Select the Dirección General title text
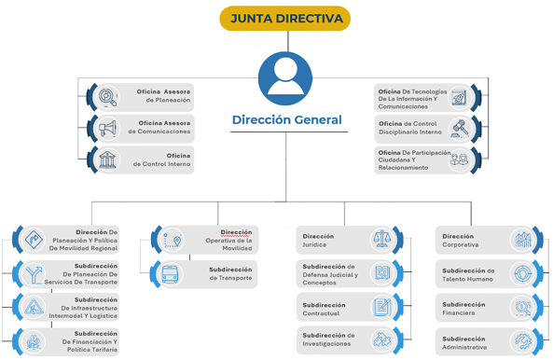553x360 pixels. pos(286,120)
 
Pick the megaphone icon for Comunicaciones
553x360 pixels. pos(108,128)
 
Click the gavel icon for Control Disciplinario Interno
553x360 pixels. pos(459,129)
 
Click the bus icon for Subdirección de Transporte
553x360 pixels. pos(171,274)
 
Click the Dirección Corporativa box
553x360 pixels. pos(486,241)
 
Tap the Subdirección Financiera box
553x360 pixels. pos(486,307)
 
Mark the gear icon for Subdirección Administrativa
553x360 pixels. pos(522,340)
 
